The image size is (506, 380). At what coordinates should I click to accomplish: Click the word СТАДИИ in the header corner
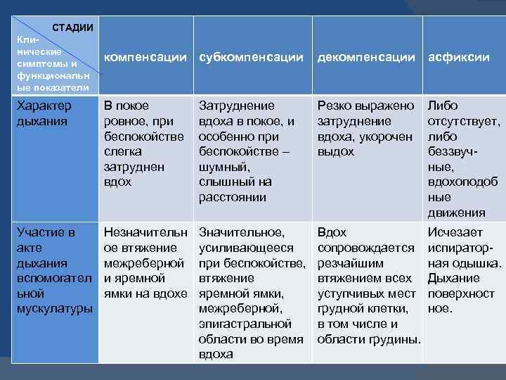point(74,27)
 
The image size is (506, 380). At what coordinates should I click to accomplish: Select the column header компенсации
point(145,57)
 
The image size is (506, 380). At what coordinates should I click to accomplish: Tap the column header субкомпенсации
point(252,57)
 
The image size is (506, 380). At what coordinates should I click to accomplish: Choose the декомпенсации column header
point(366,57)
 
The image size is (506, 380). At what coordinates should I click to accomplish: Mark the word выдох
point(336,152)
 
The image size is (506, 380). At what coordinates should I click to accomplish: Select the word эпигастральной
point(245,324)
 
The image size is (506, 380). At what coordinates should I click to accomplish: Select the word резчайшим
point(351,262)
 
